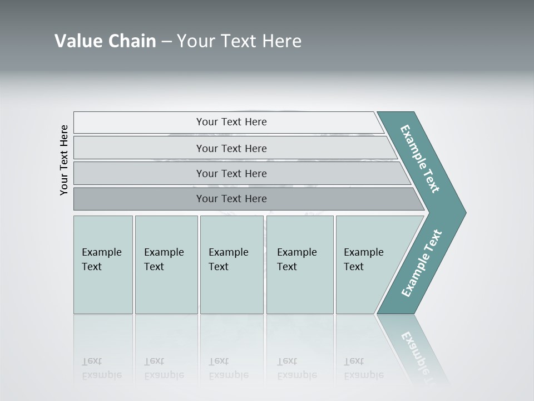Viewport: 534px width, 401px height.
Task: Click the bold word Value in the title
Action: (x=78, y=41)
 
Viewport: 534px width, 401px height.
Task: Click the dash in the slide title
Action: (x=166, y=42)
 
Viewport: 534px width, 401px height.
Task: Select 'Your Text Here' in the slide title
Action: (x=239, y=41)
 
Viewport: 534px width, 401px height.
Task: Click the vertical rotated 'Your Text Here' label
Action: (x=64, y=160)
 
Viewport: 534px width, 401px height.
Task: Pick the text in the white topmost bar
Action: (x=231, y=122)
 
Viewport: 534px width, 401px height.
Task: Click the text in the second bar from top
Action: (x=231, y=149)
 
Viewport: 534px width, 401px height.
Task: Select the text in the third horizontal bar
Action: (x=231, y=174)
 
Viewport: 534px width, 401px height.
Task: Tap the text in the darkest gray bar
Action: (x=231, y=199)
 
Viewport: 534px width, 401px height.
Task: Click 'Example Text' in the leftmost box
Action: (x=101, y=260)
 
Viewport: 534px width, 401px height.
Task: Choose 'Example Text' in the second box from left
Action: (x=164, y=260)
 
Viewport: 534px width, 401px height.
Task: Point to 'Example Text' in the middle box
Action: (x=228, y=260)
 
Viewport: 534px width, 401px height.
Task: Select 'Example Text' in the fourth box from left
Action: (x=296, y=260)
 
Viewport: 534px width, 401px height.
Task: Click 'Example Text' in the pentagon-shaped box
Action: (x=363, y=260)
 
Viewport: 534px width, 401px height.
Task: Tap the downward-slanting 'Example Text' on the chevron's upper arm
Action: (x=420, y=159)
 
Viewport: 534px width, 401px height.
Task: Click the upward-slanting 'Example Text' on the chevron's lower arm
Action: (x=421, y=263)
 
